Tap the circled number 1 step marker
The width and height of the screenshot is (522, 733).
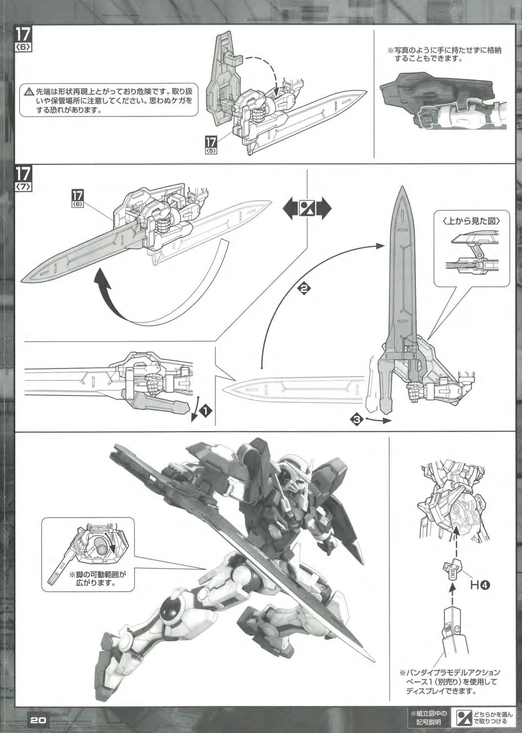tap(207, 412)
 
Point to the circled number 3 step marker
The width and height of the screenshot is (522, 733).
tap(358, 419)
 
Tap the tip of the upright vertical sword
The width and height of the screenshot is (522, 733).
tap(403, 188)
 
